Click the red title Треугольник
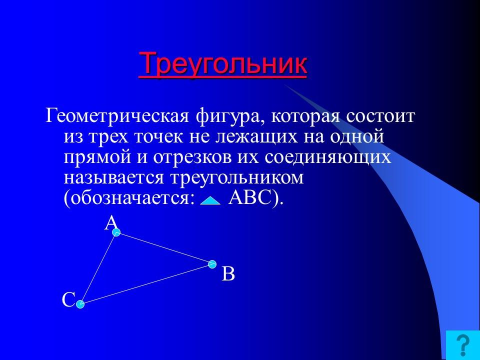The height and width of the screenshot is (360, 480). [222, 63]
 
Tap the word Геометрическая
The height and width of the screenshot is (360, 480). [116, 117]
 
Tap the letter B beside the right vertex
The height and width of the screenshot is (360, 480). [228, 274]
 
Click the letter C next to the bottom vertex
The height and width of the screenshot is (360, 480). [68, 300]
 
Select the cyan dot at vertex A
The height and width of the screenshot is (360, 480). [116, 232]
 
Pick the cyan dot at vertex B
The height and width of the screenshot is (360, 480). [212, 263]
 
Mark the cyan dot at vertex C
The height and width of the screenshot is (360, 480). [80, 303]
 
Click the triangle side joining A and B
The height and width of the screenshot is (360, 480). [164, 247]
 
